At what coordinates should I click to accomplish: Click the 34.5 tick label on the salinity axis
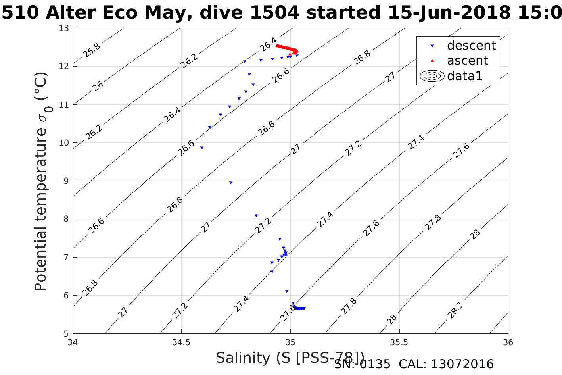click(181, 342)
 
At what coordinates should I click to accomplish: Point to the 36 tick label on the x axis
click(508, 342)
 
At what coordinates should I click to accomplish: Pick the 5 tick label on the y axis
click(66, 333)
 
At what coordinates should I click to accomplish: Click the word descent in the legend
click(471, 46)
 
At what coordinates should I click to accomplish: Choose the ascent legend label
click(467, 61)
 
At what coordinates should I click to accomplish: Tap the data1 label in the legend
click(464, 76)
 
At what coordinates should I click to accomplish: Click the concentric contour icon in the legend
click(432, 76)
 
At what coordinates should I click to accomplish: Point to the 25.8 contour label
click(92, 50)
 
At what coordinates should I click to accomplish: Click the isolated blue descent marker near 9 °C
click(231, 183)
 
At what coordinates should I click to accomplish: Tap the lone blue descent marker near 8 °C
click(256, 216)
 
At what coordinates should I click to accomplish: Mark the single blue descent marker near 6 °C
click(287, 292)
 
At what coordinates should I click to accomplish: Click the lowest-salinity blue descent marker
click(202, 148)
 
